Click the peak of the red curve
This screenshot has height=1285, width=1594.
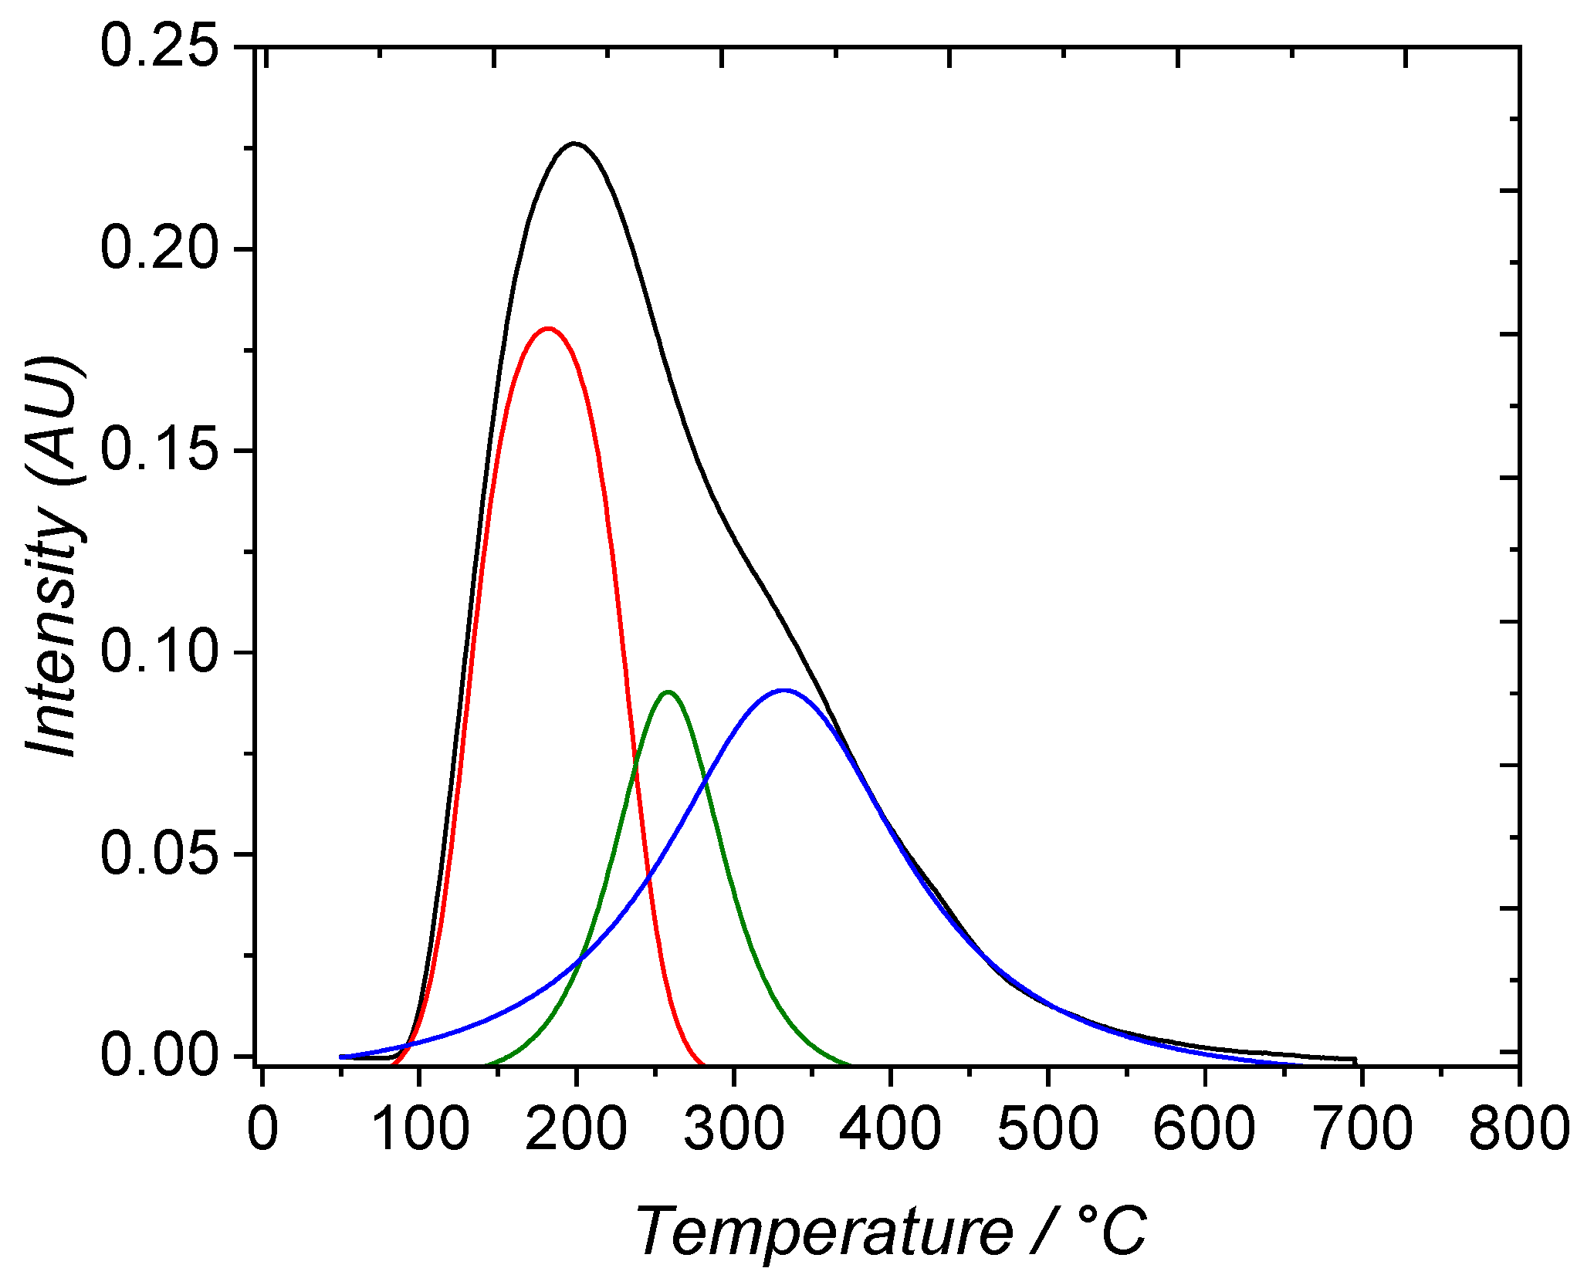(x=548, y=329)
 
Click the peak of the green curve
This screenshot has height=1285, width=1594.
(x=668, y=692)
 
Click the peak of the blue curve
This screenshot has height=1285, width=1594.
(x=784, y=691)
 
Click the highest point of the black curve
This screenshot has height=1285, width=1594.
(x=574, y=144)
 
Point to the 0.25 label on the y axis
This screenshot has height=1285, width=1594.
(x=159, y=48)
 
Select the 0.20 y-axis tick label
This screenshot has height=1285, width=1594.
(x=159, y=249)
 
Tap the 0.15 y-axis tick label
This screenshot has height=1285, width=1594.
(x=159, y=451)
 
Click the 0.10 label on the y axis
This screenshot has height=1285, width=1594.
(x=159, y=652)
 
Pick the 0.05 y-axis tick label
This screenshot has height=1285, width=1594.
(x=159, y=854)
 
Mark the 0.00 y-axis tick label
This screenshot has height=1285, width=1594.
(x=159, y=1056)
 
